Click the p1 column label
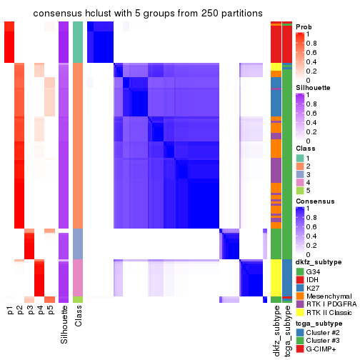(10, 310)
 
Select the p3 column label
(30, 310)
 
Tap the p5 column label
(50, 310)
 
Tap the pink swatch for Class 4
(300, 183)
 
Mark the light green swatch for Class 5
(300, 191)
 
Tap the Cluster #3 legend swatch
(300, 341)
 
